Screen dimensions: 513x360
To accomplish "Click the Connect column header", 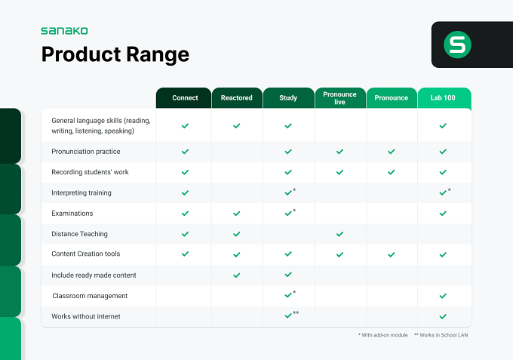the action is [185, 98].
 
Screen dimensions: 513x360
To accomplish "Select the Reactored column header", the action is [237, 98].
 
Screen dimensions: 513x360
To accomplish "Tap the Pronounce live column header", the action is [339, 98].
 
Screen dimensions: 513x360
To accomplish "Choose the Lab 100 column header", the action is [443, 98].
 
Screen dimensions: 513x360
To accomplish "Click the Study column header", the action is [288, 98].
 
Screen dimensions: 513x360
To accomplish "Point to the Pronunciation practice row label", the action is [86, 152].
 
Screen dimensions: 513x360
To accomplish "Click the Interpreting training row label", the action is [81, 192].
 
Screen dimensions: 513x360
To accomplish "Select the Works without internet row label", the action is [86, 316].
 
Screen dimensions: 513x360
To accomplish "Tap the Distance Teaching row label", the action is [79, 234].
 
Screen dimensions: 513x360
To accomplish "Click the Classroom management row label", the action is [90, 296].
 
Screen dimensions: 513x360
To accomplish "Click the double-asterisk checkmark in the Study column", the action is [288, 315].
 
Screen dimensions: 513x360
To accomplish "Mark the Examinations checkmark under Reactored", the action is [237, 214].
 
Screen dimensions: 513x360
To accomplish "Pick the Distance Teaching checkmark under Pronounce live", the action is [339, 234].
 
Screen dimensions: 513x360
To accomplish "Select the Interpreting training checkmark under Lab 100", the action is [443, 192].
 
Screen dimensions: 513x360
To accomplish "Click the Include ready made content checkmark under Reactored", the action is [237, 275].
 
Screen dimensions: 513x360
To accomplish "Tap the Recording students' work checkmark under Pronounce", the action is [392, 172].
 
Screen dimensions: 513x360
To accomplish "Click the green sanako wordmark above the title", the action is [64, 31].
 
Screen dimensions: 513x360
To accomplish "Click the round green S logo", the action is [457, 45].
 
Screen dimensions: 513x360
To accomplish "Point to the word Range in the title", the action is [158, 54].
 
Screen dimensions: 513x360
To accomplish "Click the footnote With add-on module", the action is [383, 335].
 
